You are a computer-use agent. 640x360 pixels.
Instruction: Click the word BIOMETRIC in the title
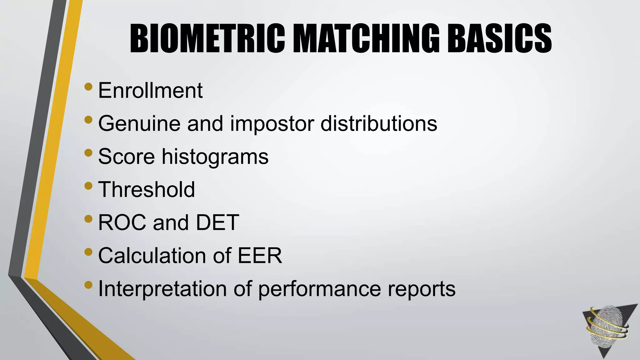[x=207, y=39]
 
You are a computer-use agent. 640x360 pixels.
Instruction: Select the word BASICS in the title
[x=499, y=39]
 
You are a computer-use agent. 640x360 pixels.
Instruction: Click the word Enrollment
[x=150, y=91]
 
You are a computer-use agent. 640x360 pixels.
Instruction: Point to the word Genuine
[x=139, y=124]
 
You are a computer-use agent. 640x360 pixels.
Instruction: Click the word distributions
[x=379, y=124]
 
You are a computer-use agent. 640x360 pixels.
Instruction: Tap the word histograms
[x=215, y=157]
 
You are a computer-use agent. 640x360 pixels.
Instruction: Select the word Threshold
[x=147, y=190]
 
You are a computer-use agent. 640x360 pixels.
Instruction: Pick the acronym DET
[x=217, y=223]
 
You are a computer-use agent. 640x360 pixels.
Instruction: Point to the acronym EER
[x=260, y=256]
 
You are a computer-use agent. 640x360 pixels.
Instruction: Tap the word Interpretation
[x=162, y=289]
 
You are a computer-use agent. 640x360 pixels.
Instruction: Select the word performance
[x=319, y=289]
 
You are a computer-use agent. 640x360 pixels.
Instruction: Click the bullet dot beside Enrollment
[x=88, y=86]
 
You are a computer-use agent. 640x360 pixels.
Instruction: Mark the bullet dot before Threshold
[x=88, y=186]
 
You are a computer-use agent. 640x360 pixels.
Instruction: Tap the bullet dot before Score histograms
[x=88, y=152]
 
